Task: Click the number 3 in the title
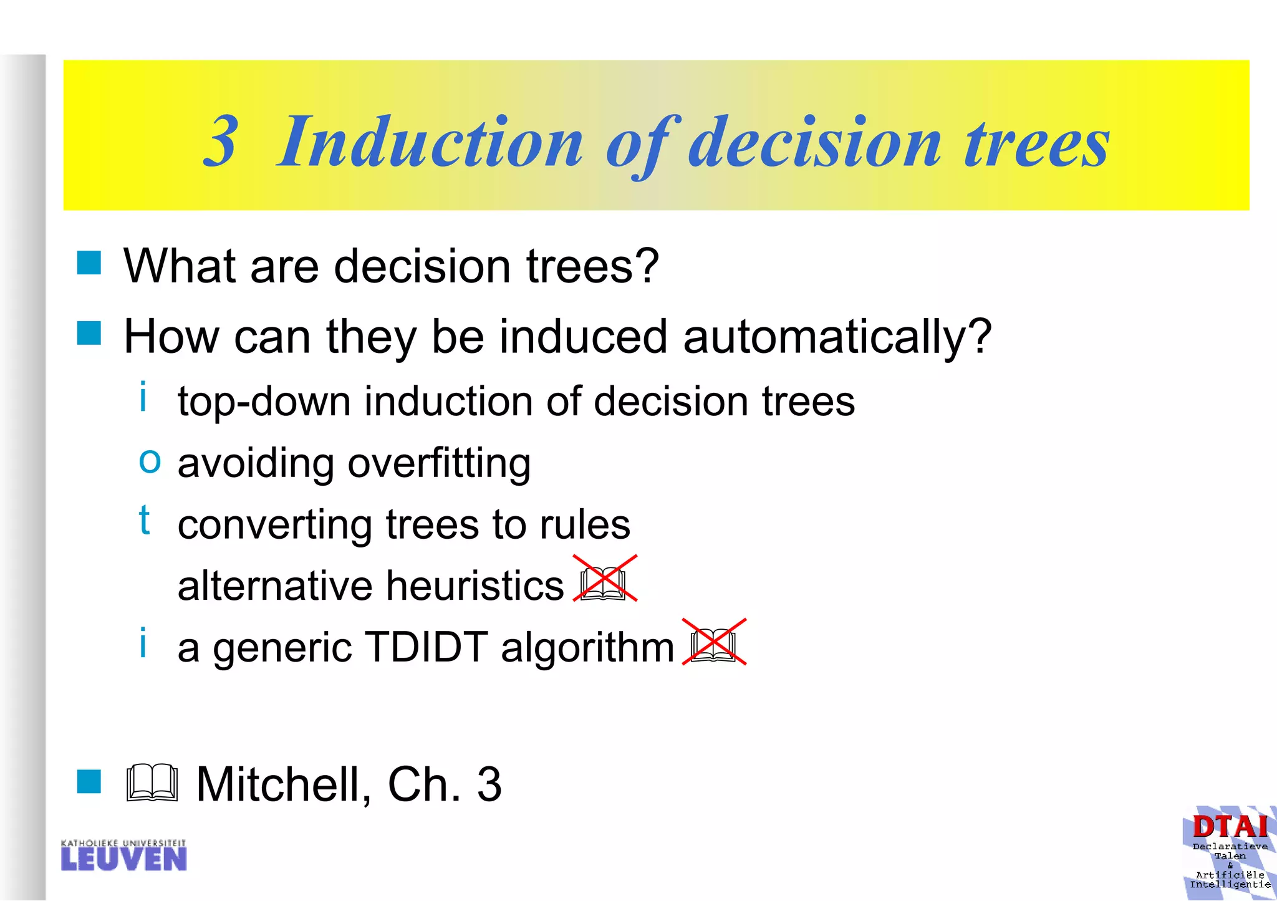pyautogui.click(x=221, y=142)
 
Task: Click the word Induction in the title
pyautogui.click(x=430, y=142)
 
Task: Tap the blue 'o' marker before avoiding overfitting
pyautogui.click(x=150, y=461)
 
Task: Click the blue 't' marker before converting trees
pyautogui.click(x=145, y=520)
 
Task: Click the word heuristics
pyautogui.click(x=475, y=586)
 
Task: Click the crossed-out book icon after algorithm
pyautogui.click(x=714, y=643)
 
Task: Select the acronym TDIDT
pyautogui.click(x=426, y=647)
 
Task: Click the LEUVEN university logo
pyautogui.click(x=123, y=855)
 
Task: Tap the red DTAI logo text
pyautogui.click(x=1230, y=827)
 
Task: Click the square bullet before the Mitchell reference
pyautogui.click(x=89, y=781)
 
